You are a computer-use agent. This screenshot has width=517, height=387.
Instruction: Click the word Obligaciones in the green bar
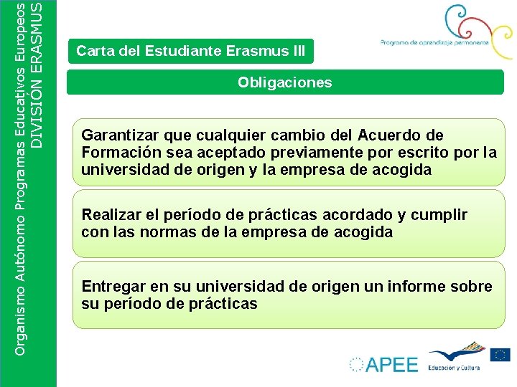pyautogui.click(x=285, y=82)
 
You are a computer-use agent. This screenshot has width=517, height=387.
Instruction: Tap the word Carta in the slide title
pyautogui.click(x=93, y=52)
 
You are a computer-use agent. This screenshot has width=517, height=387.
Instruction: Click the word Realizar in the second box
pyautogui.click(x=110, y=215)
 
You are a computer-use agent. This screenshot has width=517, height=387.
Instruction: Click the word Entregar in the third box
pyautogui.click(x=113, y=287)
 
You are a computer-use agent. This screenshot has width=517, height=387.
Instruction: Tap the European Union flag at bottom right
pyautogui.click(x=500, y=354)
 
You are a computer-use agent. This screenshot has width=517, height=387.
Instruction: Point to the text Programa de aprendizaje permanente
pyautogui.click(x=434, y=43)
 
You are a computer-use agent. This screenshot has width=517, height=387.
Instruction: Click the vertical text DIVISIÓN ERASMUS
pyautogui.click(x=44, y=75)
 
